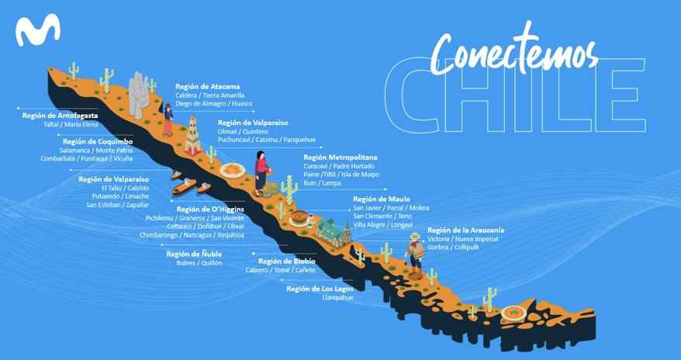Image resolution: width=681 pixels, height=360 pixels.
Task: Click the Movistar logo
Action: coord(38,29)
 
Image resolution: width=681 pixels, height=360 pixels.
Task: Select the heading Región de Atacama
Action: coord(208,86)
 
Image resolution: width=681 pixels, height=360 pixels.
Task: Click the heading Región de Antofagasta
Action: coord(60,116)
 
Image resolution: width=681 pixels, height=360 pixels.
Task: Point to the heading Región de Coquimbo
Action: coord(98,141)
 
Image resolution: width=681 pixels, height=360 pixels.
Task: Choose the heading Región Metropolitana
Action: coord(340,157)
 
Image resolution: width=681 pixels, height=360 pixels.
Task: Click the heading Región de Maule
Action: coord(382,199)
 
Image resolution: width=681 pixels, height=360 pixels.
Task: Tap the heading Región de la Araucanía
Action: coord(465,230)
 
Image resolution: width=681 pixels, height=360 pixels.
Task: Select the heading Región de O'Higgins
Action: coord(210,209)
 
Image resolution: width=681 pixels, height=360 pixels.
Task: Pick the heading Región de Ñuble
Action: coord(194,254)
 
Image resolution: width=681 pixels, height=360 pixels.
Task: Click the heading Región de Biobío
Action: coord(287,261)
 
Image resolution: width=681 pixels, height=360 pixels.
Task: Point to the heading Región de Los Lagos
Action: coord(320,289)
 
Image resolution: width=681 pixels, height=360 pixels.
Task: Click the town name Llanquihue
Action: coord(338,297)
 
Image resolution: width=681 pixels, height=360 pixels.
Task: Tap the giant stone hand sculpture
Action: coord(139,95)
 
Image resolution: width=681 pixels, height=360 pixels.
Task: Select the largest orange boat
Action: coord(184,186)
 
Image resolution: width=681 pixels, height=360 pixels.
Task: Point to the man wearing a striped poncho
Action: coord(415,255)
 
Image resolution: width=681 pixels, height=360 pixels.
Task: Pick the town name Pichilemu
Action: coord(161,218)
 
